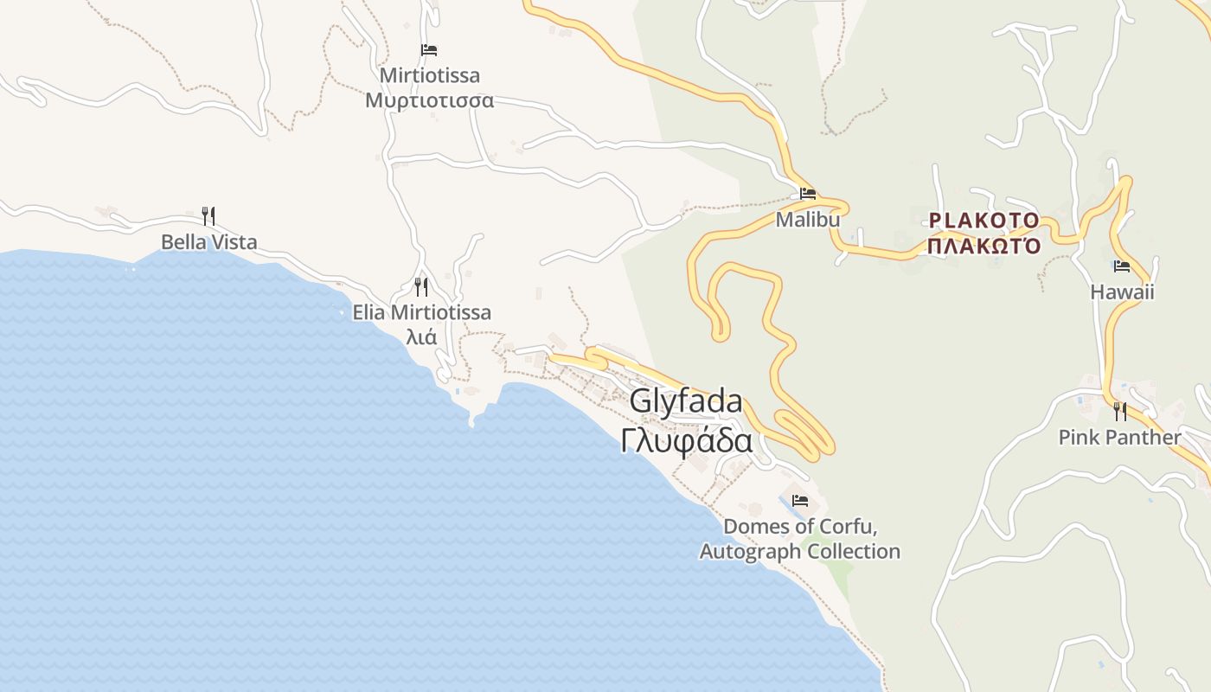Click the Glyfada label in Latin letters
coord(685,401)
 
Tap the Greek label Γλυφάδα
coord(685,440)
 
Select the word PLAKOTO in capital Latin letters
coord(984,220)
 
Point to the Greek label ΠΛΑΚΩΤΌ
coord(984,246)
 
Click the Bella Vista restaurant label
coord(209,242)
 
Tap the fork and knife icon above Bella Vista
coord(208,215)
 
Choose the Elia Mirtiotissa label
coord(421,312)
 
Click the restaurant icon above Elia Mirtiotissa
coord(421,286)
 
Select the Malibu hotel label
coord(807,220)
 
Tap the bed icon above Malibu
coord(808,194)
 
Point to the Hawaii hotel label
coord(1122,292)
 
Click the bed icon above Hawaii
coord(1122,266)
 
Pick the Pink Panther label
coord(1119,438)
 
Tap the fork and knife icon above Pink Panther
coord(1120,411)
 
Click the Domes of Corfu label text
coord(800,527)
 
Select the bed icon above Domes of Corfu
coord(800,501)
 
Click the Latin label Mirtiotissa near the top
coord(429,76)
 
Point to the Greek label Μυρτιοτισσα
coord(429,100)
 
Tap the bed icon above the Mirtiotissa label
coord(429,50)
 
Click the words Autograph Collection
coord(800,552)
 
